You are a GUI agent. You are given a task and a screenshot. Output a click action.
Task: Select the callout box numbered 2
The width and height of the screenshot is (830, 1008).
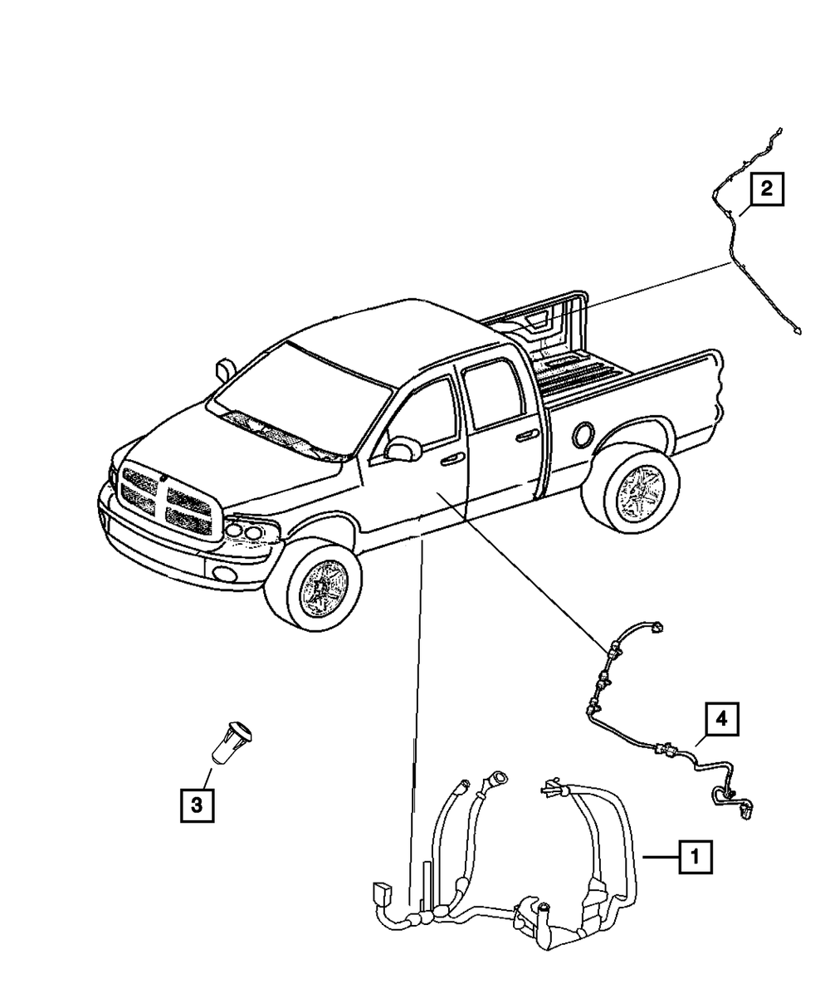[x=766, y=188]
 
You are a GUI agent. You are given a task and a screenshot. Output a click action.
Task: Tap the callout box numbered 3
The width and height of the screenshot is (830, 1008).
[x=197, y=803]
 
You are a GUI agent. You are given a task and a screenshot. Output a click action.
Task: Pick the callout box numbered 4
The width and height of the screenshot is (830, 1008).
[x=721, y=719]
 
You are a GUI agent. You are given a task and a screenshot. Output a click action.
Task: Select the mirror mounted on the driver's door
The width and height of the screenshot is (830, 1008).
[x=401, y=449]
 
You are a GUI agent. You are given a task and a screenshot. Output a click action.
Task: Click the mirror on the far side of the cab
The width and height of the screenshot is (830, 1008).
[x=223, y=368]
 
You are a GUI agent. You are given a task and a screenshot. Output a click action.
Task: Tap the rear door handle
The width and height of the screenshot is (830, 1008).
[x=525, y=434]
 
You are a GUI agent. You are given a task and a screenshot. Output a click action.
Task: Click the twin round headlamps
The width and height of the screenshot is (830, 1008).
[x=244, y=530]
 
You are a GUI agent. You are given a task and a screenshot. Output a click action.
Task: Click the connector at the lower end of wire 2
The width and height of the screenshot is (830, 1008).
[x=797, y=331]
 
